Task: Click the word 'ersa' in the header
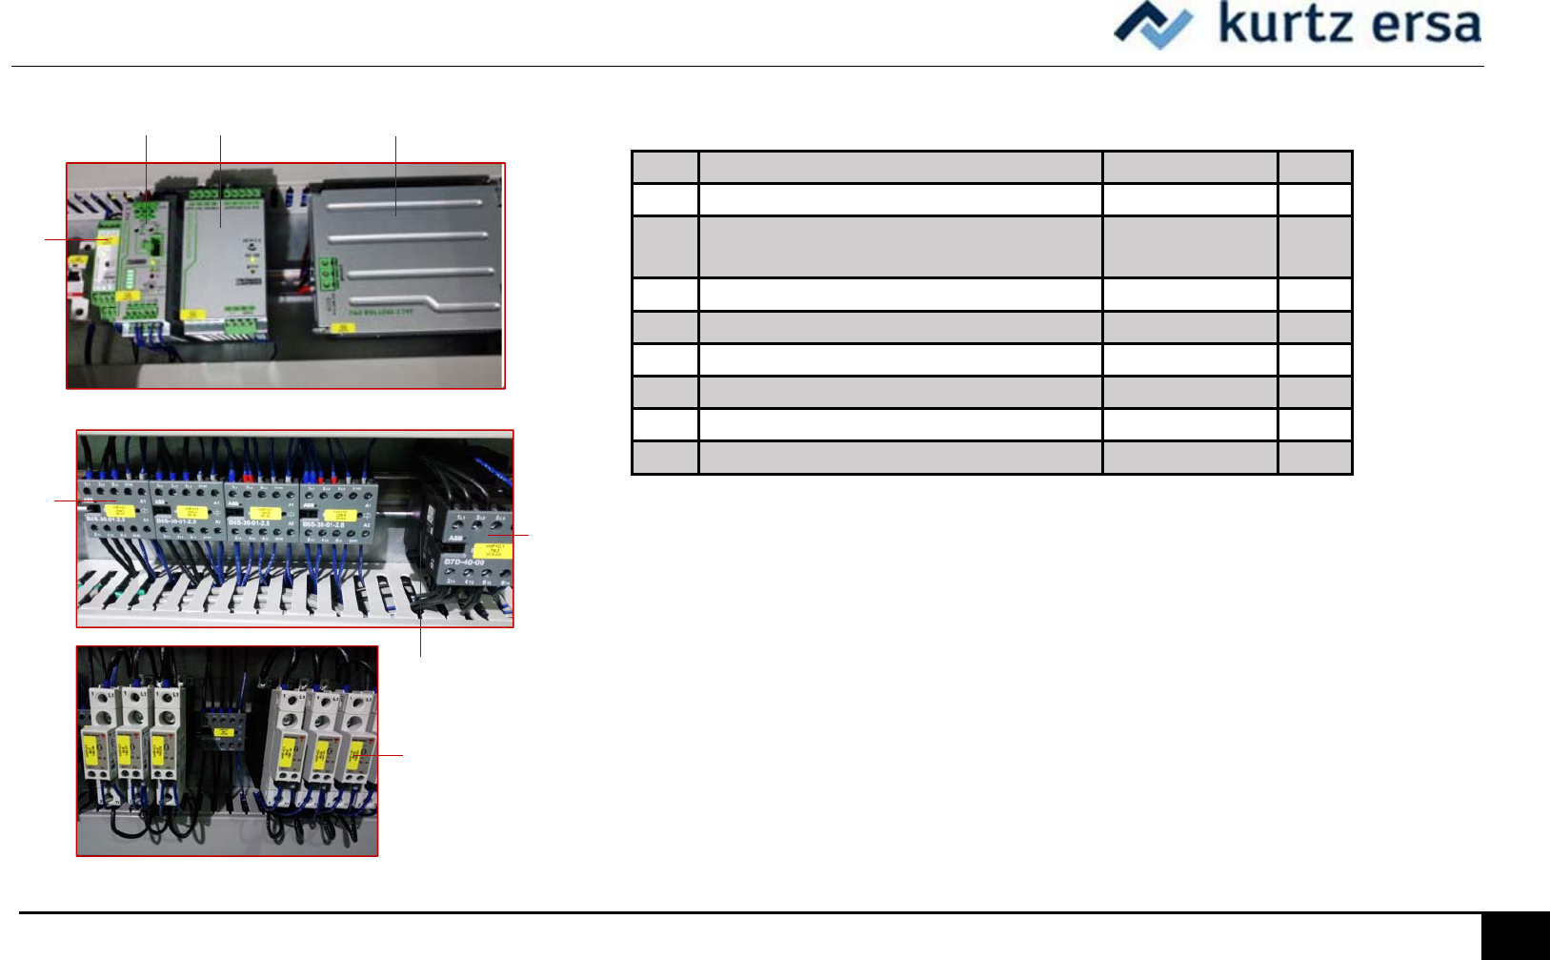point(1425,25)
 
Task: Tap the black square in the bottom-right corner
point(1515,936)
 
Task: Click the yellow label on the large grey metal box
point(342,328)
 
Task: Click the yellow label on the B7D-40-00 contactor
point(493,550)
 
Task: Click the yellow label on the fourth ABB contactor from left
point(341,515)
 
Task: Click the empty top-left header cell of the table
point(665,167)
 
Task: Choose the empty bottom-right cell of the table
point(1315,458)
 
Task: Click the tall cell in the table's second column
point(900,247)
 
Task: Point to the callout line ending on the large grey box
point(395,176)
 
